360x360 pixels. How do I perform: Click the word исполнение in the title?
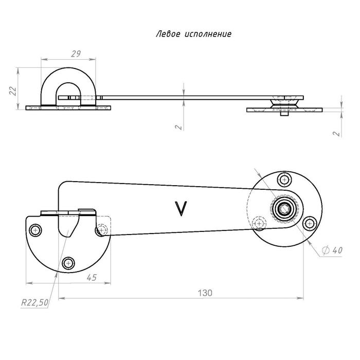point(206,34)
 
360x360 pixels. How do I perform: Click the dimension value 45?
point(92,277)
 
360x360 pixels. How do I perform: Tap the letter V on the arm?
point(181,207)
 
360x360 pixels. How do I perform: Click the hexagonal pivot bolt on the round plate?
point(283,210)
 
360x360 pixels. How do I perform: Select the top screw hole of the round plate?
point(282,179)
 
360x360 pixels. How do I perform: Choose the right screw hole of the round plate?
point(310,223)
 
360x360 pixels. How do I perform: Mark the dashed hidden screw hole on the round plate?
point(259,223)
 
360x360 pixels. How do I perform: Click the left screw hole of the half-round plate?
point(35,229)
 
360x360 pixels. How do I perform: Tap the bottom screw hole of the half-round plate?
point(67,264)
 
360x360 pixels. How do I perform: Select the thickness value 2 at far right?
point(336,133)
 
